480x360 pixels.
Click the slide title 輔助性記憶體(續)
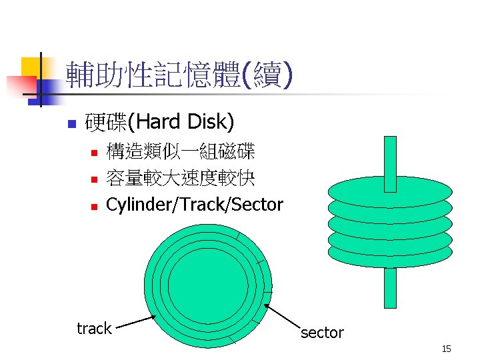pyautogui.click(x=178, y=76)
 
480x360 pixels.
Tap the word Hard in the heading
pyautogui.click(x=160, y=122)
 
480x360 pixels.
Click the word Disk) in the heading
pyautogui.click(x=211, y=122)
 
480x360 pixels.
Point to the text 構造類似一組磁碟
pyautogui.click(x=180, y=152)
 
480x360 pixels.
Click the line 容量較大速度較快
pyautogui.click(x=180, y=178)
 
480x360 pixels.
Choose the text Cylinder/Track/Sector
pyautogui.click(x=195, y=205)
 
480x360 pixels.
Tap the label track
pyautogui.click(x=94, y=328)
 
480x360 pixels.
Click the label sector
pyautogui.click(x=322, y=333)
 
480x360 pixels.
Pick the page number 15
pyautogui.click(x=447, y=349)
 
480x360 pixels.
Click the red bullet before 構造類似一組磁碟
pyautogui.click(x=94, y=153)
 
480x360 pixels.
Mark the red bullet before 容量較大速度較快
pyautogui.click(x=94, y=179)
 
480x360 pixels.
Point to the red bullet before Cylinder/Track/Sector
pyautogui.click(x=94, y=206)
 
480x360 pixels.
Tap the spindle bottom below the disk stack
pyautogui.click(x=390, y=287)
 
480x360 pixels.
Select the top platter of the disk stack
pyautogui.click(x=390, y=190)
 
